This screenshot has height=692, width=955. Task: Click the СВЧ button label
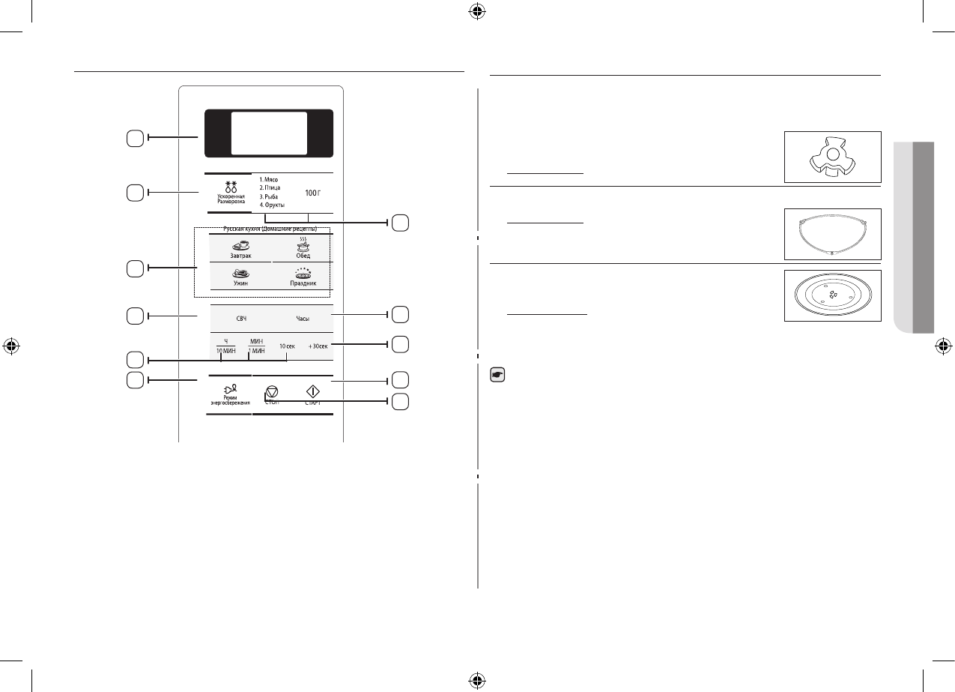[x=242, y=319]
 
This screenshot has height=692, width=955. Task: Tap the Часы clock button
[x=303, y=319]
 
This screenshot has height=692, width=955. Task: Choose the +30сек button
[x=318, y=346]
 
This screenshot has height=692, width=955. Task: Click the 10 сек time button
[x=287, y=346]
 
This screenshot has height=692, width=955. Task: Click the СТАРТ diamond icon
[x=313, y=391]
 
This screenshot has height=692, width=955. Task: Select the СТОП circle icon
[x=272, y=391]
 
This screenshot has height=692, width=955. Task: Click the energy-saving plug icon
[x=230, y=389]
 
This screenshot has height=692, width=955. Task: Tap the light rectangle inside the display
[x=269, y=133]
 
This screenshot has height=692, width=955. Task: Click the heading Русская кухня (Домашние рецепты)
[x=270, y=229]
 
